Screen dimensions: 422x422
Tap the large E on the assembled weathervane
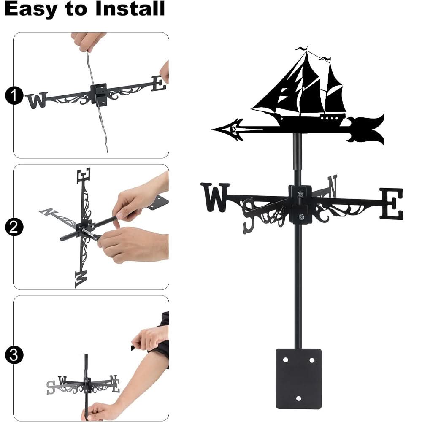point(391,204)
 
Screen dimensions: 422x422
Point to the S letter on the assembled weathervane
point(249,214)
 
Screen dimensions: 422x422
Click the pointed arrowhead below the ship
point(228,128)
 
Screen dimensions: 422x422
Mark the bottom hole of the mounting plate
point(298,398)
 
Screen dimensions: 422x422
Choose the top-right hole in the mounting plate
point(312,360)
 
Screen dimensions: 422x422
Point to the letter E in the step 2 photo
point(84,175)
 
